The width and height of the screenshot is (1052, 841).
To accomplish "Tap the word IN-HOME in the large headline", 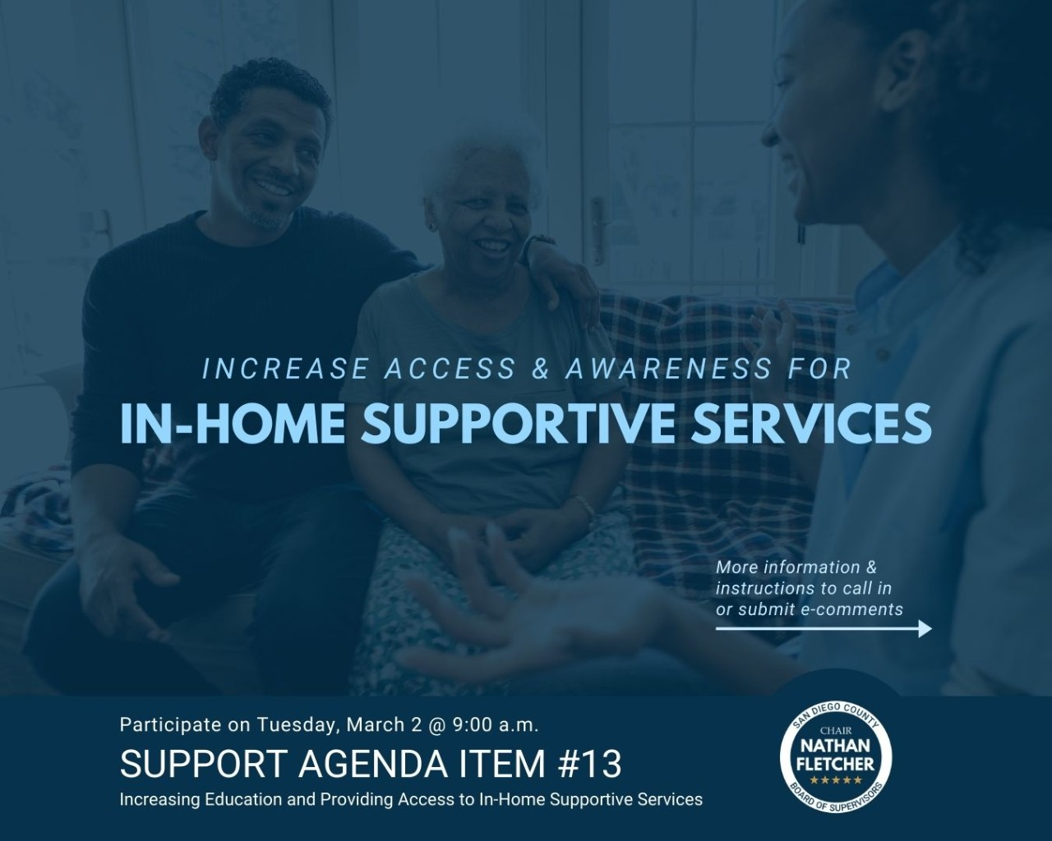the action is (x=233, y=424).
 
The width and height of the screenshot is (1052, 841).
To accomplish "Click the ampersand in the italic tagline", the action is (x=540, y=369).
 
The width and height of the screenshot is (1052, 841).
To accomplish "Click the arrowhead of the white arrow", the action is (x=925, y=628).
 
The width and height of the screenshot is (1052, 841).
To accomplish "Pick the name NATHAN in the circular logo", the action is (x=835, y=746).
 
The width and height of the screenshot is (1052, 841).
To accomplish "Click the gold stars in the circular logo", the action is (x=836, y=780).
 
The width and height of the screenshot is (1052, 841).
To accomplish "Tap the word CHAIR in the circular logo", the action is (x=836, y=731).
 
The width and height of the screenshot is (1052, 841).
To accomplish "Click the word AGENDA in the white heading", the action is (x=371, y=765).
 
